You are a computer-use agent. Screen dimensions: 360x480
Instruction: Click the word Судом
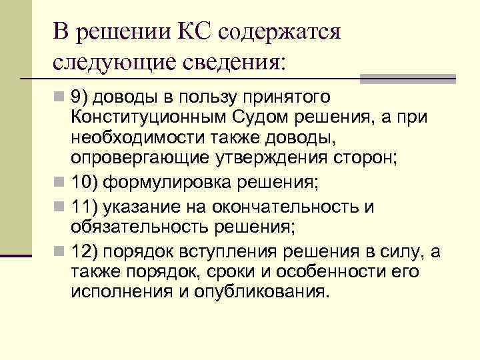(259, 118)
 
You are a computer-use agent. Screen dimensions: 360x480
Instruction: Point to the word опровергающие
(138, 157)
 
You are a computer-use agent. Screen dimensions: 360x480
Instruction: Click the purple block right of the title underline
(408, 79)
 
